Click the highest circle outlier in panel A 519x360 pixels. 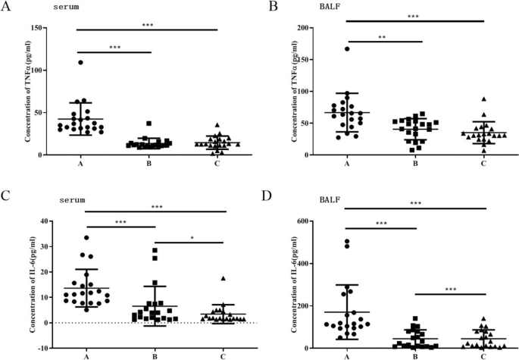pos(80,62)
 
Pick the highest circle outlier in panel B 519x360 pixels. pos(347,49)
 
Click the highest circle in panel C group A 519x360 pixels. pos(86,238)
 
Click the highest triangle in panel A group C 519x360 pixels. pos(217,125)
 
